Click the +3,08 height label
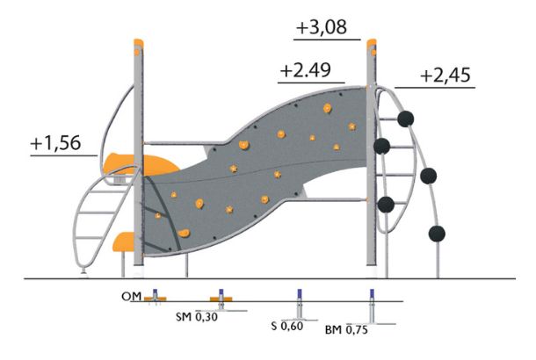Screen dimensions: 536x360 click(x=322, y=28)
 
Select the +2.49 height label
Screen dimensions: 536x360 click(x=305, y=70)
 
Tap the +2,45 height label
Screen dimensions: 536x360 click(x=445, y=76)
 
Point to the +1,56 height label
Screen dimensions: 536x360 click(x=55, y=143)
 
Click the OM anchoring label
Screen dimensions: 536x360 click(x=131, y=297)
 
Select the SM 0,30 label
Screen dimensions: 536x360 click(x=197, y=317)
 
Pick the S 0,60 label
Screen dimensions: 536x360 click(x=287, y=326)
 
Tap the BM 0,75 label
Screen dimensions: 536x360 click(x=346, y=329)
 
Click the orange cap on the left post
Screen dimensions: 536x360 click(x=139, y=43)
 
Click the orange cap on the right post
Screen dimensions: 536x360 click(x=372, y=44)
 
